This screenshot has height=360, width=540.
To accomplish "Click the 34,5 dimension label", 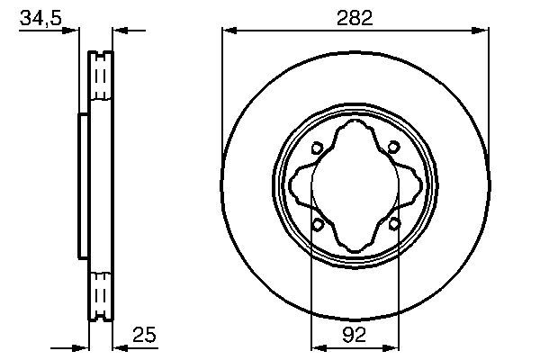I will click(x=40, y=18).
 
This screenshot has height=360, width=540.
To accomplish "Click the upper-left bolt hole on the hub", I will click(x=317, y=149).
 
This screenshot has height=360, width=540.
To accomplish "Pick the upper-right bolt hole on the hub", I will click(x=394, y=149).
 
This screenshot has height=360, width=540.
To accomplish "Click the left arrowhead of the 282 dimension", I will click(x=228, y=31).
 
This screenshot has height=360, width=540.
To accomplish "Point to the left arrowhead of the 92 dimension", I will click(x=316, y=346).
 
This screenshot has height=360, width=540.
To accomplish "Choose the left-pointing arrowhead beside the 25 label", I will click(x=118, y=346).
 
